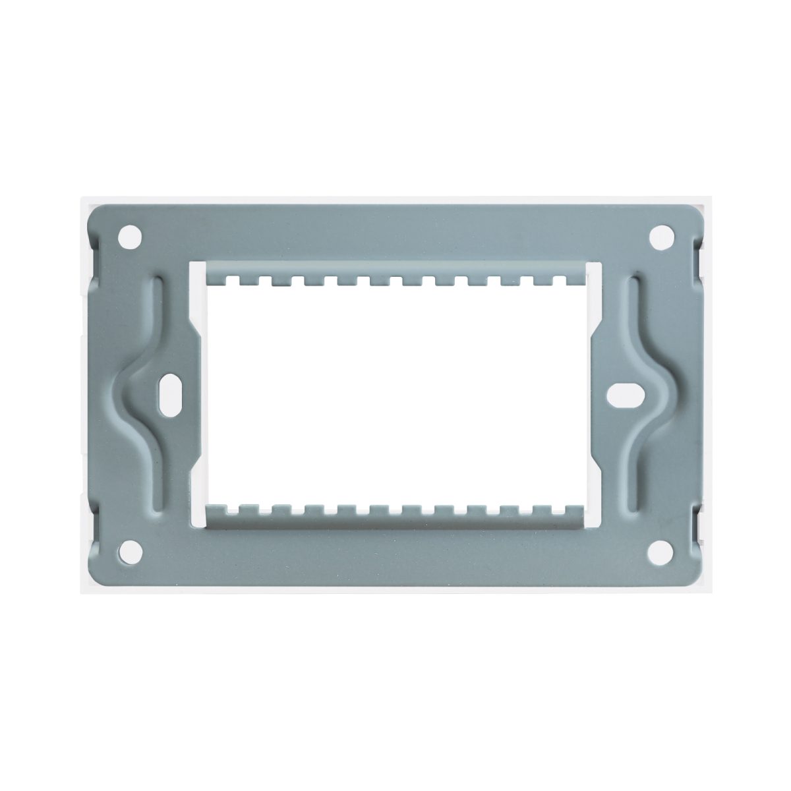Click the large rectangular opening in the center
395,395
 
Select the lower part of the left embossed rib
158,475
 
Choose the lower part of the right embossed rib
633,475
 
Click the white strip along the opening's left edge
193,395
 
